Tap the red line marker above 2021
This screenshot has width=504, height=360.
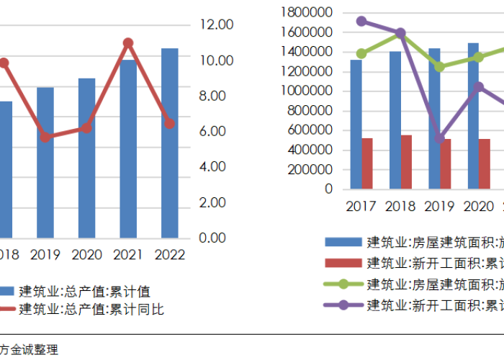[x=128, y=43]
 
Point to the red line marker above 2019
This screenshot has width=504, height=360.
[x=45, y=136]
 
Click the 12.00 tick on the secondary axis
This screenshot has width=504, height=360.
[x=217, y=25]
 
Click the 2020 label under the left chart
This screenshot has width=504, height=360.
[x=87, y=255]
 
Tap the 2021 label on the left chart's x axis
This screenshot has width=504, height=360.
[x=129, y=255]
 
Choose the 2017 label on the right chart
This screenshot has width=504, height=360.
[x=361, y=207]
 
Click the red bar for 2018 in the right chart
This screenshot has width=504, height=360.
[x=407, y=162]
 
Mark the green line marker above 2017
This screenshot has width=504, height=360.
[x=361, y=53]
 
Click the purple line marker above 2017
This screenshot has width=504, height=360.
[x=361, y=22]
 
